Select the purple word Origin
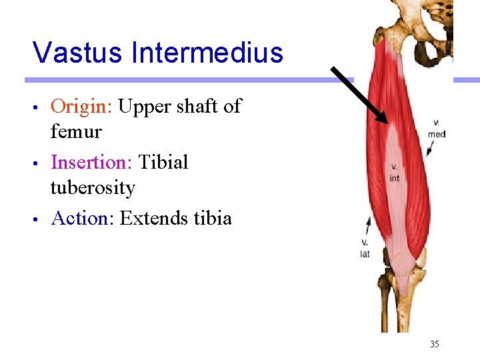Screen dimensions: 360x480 (x=81, y=107)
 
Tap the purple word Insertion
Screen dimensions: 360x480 (x=92, y=163)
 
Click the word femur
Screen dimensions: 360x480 (x=76, y=132)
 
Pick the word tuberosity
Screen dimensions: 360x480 (x=93, y=189)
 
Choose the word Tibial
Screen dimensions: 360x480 (x=163, y=163)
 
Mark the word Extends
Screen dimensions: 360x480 (x=151, y=218)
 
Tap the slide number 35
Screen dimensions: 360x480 (x=435, y=344)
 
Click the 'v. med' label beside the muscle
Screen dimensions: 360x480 (x=437, y=129)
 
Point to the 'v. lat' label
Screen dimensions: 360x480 (x=365, y=249)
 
